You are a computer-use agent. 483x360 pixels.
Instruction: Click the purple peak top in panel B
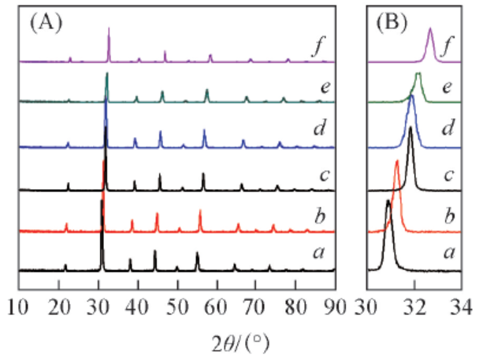(x=430, y=29)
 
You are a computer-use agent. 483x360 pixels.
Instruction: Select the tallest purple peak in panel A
(x=109, y=28)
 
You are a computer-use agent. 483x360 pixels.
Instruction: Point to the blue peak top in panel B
(x=411, y=97)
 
